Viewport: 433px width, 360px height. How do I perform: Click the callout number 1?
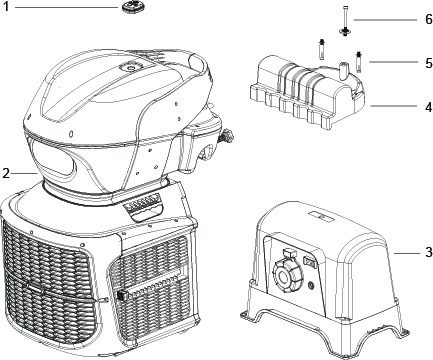coord(6,6)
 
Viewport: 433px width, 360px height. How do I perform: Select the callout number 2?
coord(6,173)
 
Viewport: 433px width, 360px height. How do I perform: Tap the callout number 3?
coord(429,252)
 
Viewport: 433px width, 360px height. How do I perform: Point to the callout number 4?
coord(429,107)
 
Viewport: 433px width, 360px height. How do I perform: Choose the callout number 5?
coord(429,63)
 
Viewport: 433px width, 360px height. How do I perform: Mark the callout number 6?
coord(429,19)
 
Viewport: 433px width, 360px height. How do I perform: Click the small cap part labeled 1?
coord(130,7)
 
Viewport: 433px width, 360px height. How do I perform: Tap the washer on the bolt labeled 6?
coord(345,31)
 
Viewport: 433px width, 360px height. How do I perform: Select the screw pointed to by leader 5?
coord(359,62)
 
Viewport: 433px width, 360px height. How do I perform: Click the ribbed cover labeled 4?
coord(307,91)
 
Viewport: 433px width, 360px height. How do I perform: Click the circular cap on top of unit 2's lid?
coord(130,68)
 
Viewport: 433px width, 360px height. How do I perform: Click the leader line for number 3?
coord(406,253)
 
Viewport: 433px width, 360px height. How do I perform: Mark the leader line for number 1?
coord(67,7)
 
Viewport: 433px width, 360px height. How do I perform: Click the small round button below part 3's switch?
coord(312,285)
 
